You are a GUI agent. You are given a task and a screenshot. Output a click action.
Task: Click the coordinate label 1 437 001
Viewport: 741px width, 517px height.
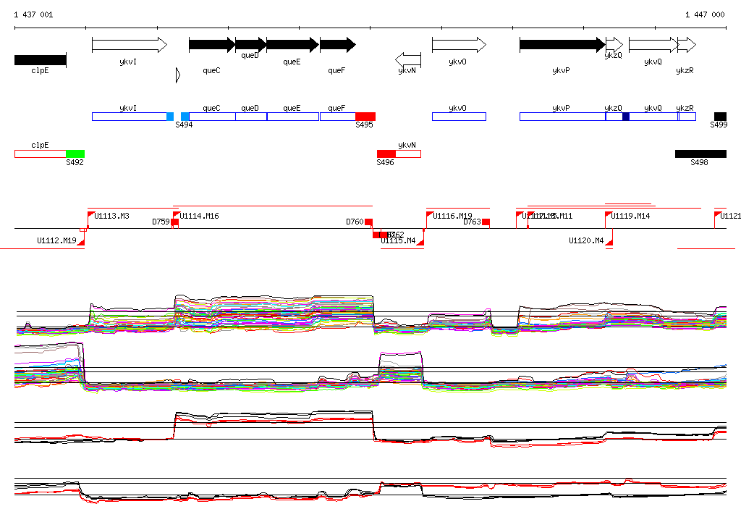point(33,14)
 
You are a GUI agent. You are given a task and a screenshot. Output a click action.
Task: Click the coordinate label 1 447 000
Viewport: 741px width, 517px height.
point(704,14)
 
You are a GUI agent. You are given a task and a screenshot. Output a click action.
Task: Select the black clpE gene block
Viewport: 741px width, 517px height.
point(40,59)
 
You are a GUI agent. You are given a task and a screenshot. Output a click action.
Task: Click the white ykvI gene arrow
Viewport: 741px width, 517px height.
point(129,46)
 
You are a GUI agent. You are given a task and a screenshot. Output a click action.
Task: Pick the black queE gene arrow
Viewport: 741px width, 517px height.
point(292,45)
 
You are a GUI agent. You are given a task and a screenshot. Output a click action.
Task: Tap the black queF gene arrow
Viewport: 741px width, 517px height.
point(337,45)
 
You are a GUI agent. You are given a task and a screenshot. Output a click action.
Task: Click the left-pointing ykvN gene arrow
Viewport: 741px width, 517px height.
point(408,59)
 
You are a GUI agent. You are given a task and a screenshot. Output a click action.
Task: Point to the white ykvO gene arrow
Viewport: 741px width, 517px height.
point(459,45)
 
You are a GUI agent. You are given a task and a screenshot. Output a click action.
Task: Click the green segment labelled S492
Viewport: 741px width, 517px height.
point(75,154)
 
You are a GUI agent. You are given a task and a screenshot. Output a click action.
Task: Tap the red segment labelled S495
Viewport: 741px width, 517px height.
point(365,117)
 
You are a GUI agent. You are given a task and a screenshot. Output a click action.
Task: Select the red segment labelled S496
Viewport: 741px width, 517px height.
point(386,154)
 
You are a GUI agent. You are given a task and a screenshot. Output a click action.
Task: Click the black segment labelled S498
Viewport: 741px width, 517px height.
point(700,154)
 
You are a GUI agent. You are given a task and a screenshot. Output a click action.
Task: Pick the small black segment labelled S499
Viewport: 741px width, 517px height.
point(720,117)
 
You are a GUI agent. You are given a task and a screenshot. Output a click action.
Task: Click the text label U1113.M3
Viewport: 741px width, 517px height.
point(112,216)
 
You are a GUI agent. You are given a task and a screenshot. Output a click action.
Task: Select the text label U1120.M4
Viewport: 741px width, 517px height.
point(586,240)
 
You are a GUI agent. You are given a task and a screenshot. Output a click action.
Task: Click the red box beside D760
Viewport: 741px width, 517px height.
point(369,222)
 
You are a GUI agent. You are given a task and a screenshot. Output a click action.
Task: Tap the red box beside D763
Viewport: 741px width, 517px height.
point(486,222)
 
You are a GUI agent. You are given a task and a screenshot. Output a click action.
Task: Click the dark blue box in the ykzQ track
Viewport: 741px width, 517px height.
point(626,117)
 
